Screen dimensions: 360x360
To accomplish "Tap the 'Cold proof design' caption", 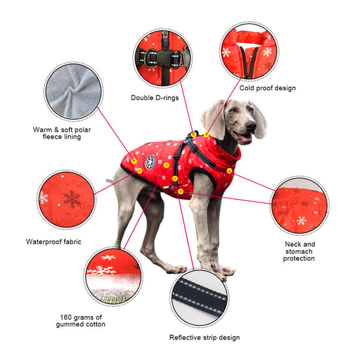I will coord(267,88).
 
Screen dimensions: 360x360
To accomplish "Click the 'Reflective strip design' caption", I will coord(204,338).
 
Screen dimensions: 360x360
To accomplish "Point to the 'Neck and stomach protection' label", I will coord(299,251).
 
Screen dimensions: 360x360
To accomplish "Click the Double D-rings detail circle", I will coord(163,58).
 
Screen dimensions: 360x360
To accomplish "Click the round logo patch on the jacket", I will coord(150,162).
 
